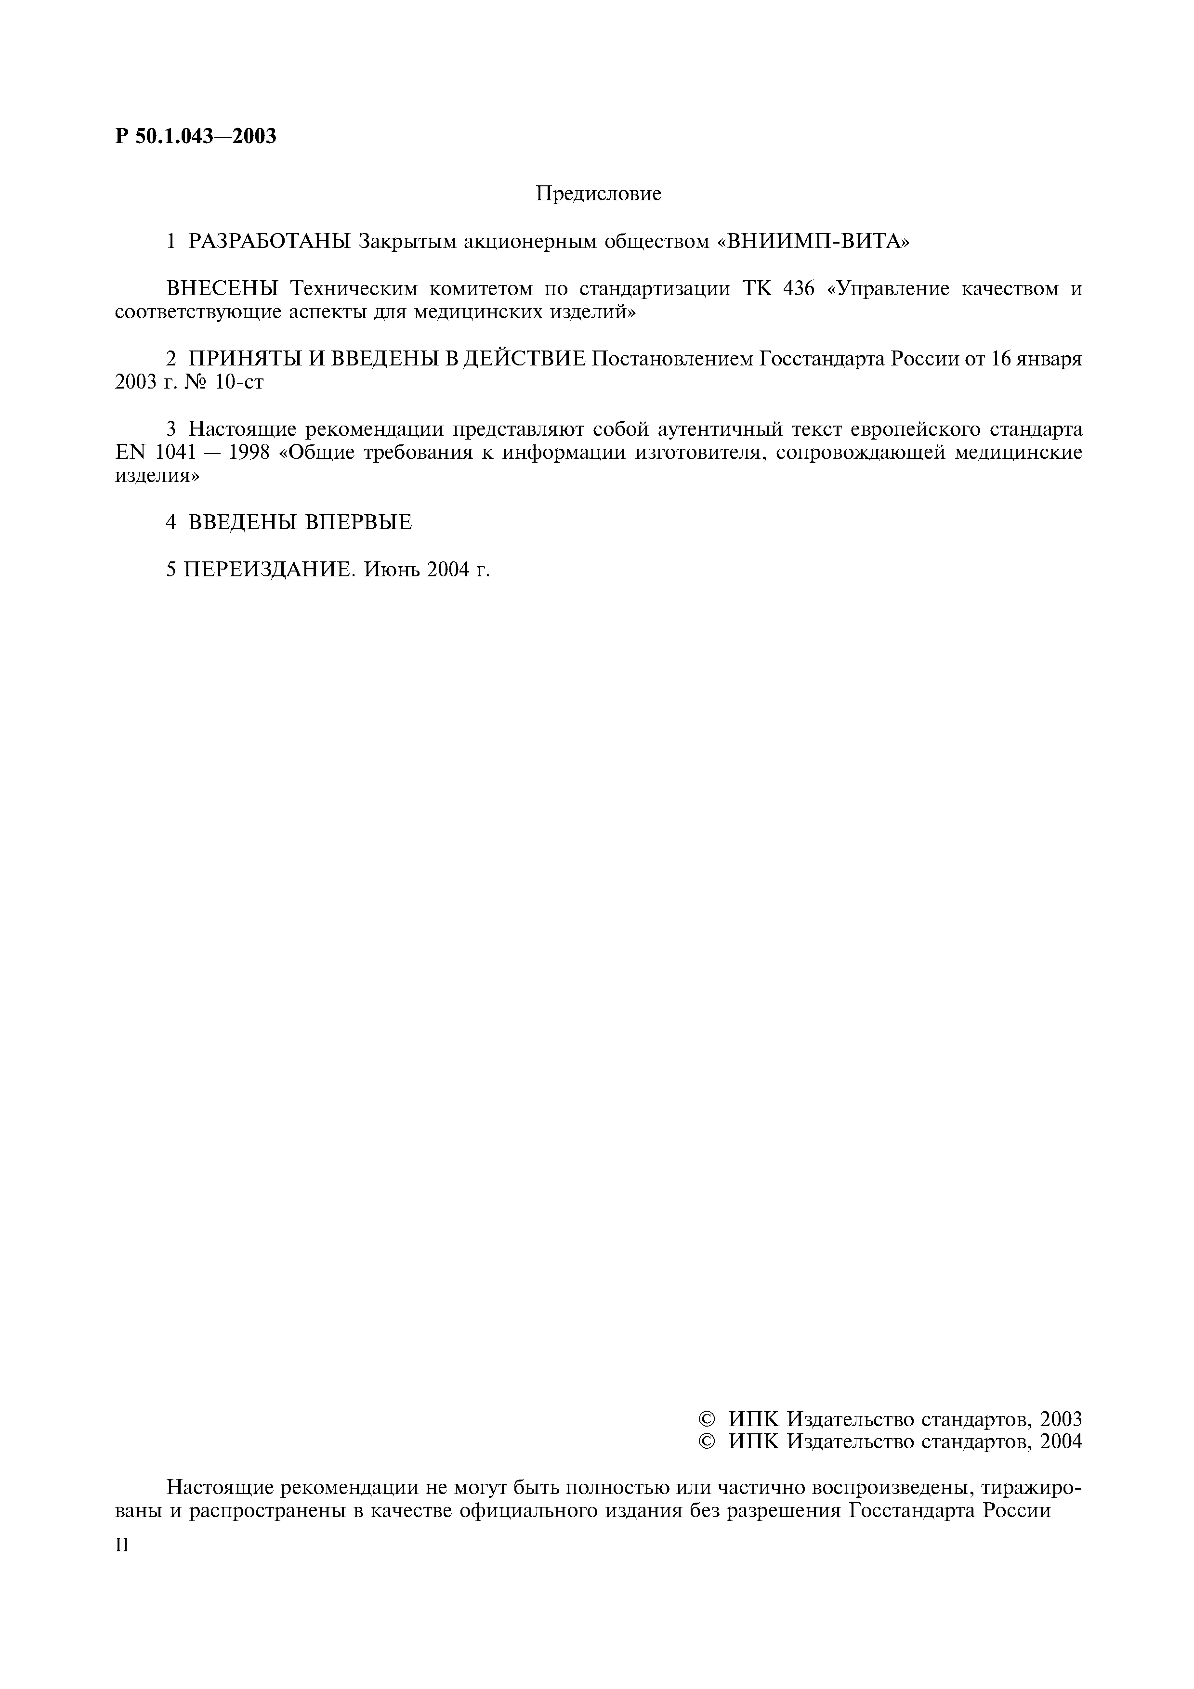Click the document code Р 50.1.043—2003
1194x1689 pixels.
coord(196,136)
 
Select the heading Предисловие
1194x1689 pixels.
coord(598,194)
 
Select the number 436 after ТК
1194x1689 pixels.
coord(799,288)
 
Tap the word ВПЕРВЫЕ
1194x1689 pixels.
coord(358,522)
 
